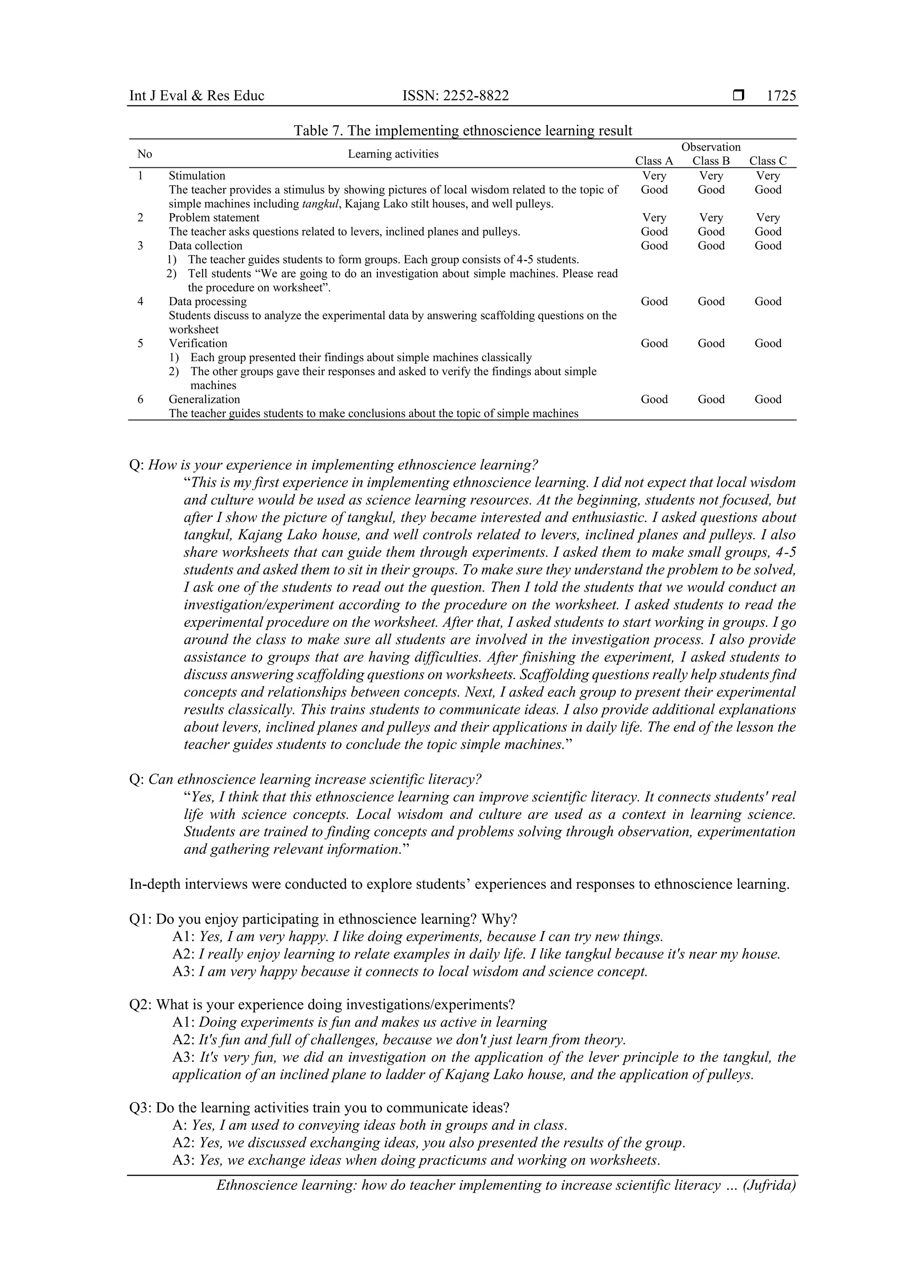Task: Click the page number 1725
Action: (x=781, y=96)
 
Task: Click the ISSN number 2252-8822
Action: (x=455, y=96)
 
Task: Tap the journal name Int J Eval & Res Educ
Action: (x=196, y=96)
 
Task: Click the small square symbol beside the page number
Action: (x=738, y=96)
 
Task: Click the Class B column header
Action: (x=711, y=161)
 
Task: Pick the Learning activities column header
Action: (x=393, y=154)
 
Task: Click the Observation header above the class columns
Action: (x=711, y=147)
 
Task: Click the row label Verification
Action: (x=198, y=343)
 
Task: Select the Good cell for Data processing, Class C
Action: (x=768, y=302)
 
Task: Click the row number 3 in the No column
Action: (x=140, y=245)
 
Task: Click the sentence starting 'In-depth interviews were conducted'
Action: (x=459, y=884)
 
